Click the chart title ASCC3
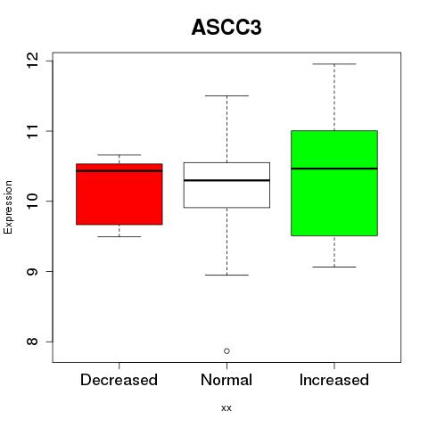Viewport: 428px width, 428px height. pos(226,28)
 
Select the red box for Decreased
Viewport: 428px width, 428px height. pos(119,194)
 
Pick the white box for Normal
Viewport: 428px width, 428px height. pos(226,185)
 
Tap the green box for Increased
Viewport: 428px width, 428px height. pos(334,183)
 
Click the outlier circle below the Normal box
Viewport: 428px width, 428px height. pos(226,351)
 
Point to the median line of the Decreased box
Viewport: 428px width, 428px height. pos(119,170)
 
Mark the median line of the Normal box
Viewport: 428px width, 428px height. pos(226,180)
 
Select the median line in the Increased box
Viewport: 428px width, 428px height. pos(334,169)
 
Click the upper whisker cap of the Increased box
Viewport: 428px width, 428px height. pos(334,64)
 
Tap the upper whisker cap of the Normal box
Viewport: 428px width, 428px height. pos(226,95)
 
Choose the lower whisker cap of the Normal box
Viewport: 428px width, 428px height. pos(226,275)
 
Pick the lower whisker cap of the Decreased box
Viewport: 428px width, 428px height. pos(119,236)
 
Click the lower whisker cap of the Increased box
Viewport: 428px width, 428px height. pos(334,267)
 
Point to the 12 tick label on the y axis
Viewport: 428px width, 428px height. pos(32,61)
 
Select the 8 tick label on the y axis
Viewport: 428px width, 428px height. pos(32,342)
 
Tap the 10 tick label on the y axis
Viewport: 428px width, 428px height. pos(32,202)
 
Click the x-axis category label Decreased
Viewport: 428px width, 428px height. pos(119,380)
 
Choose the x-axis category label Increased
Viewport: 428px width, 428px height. pos(334,380)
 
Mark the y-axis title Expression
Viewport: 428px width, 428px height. pos(8,207)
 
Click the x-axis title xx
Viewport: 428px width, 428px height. pos(226,408)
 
